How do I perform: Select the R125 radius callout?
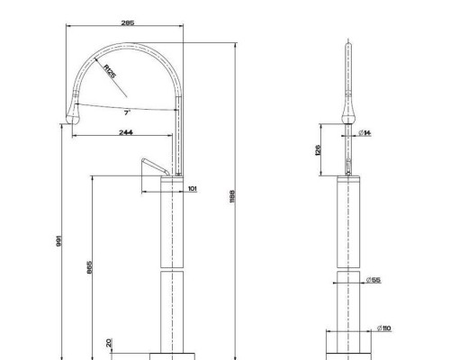110,71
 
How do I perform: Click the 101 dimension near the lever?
192,189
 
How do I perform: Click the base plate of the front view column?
348,349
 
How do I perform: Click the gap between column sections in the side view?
171,267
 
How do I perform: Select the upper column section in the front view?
348,220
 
